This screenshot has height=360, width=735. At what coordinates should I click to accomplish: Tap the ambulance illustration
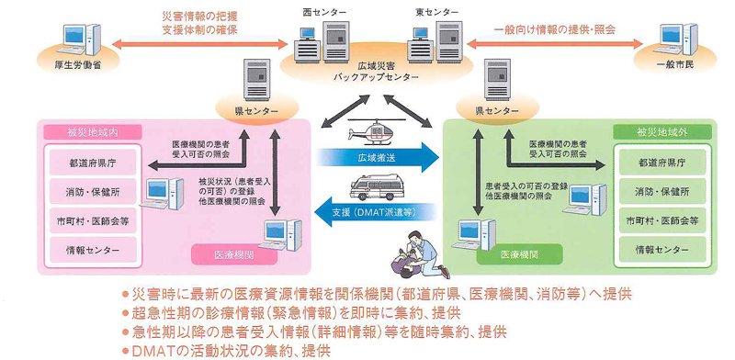tap(377, 187)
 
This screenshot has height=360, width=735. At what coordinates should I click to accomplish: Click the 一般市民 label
tap(674, 64)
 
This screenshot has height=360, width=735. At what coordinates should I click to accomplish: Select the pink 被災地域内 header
tap(93, 132)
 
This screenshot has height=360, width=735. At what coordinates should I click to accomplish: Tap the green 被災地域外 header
tap(661, 132)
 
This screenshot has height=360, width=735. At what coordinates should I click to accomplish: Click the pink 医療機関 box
tap(228, 255)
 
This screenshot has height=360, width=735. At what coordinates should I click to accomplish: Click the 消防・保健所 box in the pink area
tap(93, 192)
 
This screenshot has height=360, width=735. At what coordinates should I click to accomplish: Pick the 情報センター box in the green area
tap(661, 250)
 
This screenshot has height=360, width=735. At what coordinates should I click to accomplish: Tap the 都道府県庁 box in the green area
tap(661, 163)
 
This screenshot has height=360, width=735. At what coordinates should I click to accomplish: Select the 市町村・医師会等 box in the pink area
tap(93, 220)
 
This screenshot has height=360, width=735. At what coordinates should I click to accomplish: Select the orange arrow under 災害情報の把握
tap(199, 44)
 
